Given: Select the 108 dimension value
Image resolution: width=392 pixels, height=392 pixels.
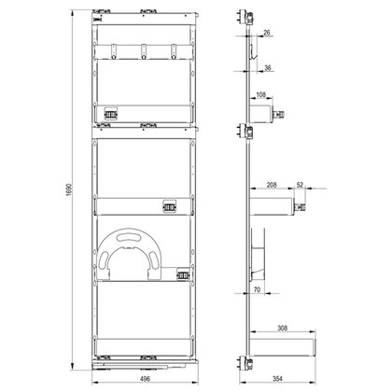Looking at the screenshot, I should [x=260, y=94].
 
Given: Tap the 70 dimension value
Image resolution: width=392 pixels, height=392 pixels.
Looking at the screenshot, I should [x=256, y=291].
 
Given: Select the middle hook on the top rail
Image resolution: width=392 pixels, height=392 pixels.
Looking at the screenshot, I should [x=146, y=53].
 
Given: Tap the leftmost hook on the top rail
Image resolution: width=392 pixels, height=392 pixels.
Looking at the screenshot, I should [x=117, y=53].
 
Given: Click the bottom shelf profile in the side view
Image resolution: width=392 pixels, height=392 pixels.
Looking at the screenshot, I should [x=285, y=344].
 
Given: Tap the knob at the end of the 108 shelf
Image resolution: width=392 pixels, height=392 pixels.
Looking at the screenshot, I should [x=280, y=114].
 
